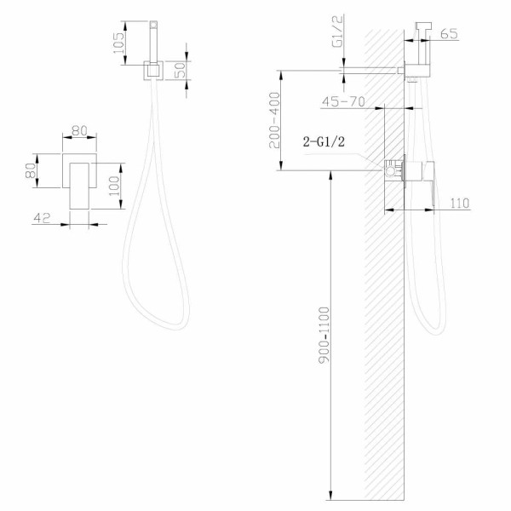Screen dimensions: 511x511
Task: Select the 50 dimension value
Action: (x=181, y=71)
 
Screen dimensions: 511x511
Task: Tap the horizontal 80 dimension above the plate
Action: (x=79, y=132)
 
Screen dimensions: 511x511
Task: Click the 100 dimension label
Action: (x=115, y=180)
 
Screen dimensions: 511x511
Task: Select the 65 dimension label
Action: (x=451, y=35)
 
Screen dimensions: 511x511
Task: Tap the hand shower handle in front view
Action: (x=154, y=39)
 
